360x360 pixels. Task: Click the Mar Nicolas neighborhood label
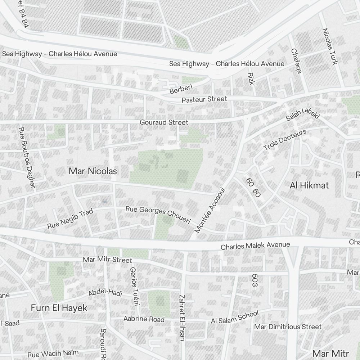point(93,171)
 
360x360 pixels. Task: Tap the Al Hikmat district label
point(309,185)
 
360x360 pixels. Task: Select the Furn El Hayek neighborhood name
point(59,308)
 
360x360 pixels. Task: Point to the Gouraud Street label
point(164,122)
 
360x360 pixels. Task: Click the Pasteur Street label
point(204,99)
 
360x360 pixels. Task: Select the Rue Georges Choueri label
point(158,215)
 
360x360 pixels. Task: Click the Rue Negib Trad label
point(70,219)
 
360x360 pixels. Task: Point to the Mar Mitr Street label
point(108,260)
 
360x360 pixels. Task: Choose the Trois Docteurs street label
point(285,140)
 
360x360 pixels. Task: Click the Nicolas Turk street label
point(330,46)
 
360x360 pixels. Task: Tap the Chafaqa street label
point(296,61)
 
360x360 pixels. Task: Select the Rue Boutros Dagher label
point(27,157)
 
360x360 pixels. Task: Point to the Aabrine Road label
point(144,319)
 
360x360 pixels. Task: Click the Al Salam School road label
point(235,317)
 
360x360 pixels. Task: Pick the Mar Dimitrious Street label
point(288,327)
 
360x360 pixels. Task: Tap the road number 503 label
point(255,280)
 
